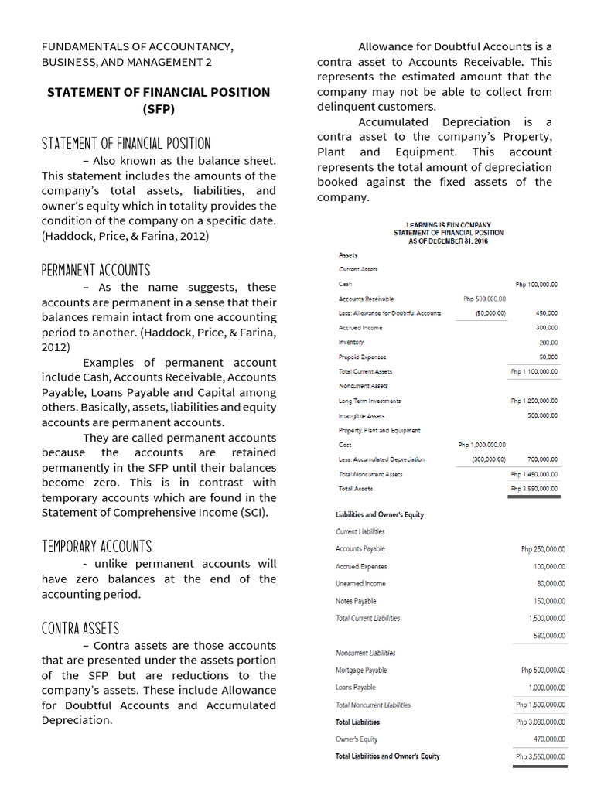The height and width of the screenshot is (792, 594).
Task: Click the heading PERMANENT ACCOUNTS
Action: click(x=95, y=270)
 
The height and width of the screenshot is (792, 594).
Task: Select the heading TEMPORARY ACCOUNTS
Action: click(x=96, y=547)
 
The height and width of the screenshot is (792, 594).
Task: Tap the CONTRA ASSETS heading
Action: click(x=80, y=628)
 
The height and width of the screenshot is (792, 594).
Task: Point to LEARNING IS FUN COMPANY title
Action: click(x=448, y=225)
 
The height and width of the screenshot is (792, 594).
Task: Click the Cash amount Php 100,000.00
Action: click(x=536, y=285)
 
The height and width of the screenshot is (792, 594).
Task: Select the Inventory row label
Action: click(x=351, y=342)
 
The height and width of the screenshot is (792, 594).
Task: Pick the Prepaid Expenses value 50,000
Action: click(x=548, y=357)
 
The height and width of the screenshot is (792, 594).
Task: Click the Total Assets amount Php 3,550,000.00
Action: click(x=534, y=489)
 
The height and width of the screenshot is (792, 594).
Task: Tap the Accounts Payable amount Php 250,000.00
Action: click(x=543, y=549)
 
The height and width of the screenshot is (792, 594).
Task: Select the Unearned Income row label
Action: click(x=360, y=584)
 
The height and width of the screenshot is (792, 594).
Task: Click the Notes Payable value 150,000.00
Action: click(x=548, y=601)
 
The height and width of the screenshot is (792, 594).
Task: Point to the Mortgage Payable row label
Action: click(x=361, y=671)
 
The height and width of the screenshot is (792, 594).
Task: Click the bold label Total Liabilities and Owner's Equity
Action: click(x=387, y=756)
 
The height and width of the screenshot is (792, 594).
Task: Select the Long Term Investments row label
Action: click(x=370, y=401)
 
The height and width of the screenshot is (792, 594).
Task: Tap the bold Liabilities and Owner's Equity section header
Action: click(x=379, y=514)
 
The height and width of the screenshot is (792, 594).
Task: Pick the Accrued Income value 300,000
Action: click(x=547, y=328)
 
